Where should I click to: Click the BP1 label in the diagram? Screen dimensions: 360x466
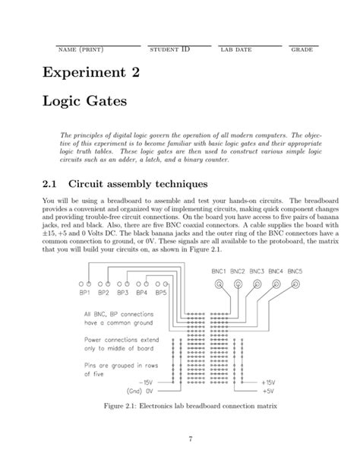click(x=85, y=293)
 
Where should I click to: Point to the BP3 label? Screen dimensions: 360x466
click(x=123, y=293)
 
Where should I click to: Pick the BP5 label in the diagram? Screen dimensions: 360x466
click(x=161, y=293)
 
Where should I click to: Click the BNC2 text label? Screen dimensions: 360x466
click(x=238, y=271)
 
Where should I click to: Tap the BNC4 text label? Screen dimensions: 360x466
click(x=276, y=271)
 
